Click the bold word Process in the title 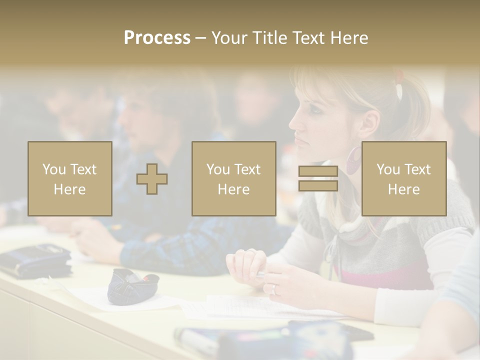click(x=157, y=38)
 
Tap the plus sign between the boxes click(x=152, y=179)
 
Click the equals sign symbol click(x=318, y=179)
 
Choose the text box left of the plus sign click(x=69, y=178)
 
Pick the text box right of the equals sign click(x=403, y=178)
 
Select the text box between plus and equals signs click(x=233, y=178)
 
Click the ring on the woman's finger click(x=273, y=289)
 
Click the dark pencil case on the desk click(x=132, y=284)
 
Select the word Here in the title click(x=348, y=38)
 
